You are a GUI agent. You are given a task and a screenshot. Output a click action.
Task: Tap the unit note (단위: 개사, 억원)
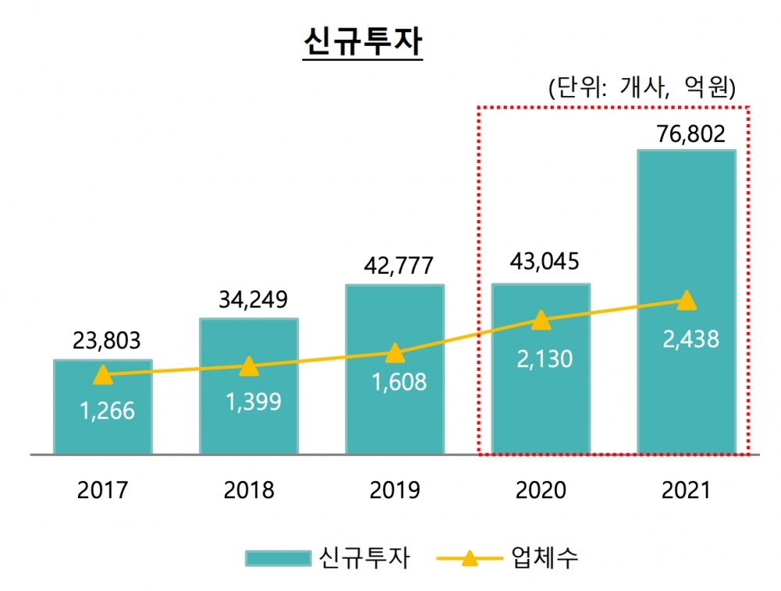coord(643,87)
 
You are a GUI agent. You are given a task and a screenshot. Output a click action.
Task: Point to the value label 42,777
coord(394,266)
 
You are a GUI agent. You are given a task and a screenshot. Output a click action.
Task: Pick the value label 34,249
coord(248,300)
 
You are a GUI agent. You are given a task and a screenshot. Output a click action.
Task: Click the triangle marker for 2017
coord(102,376)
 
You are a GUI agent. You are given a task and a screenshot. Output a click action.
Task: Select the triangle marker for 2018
coord(248,366)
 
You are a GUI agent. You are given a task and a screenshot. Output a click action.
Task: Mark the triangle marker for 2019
coord(394,354)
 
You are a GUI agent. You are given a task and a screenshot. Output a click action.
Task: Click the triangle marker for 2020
coord(540,319)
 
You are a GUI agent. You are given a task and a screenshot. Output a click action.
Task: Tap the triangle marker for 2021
coord(686,301)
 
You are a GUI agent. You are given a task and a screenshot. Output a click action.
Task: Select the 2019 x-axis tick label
coord(394,491)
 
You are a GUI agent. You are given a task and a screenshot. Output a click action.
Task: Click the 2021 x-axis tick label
coord(686,491)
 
